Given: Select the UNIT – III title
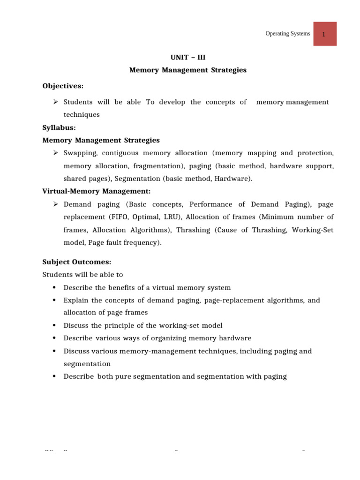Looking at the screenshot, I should pos(187,58).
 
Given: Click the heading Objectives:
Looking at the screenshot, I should pos(63,86).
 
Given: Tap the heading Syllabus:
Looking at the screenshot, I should pos(59,127).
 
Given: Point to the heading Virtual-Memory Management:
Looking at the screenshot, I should pos(96,191).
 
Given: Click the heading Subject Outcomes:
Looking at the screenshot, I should pos(77,262).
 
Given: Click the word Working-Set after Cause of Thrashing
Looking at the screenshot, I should pos(316,230).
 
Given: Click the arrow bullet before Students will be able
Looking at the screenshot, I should pos(55,102).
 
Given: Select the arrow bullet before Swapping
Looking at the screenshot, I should pos(55,153).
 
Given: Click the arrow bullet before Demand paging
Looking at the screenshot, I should pos(55,204).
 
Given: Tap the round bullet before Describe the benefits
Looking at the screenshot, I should pos(54,287).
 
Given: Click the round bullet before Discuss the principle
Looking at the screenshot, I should pos(54,325).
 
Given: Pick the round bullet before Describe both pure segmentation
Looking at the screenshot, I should pos(54,376).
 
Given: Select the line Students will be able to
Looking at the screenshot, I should pos(82,275).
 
